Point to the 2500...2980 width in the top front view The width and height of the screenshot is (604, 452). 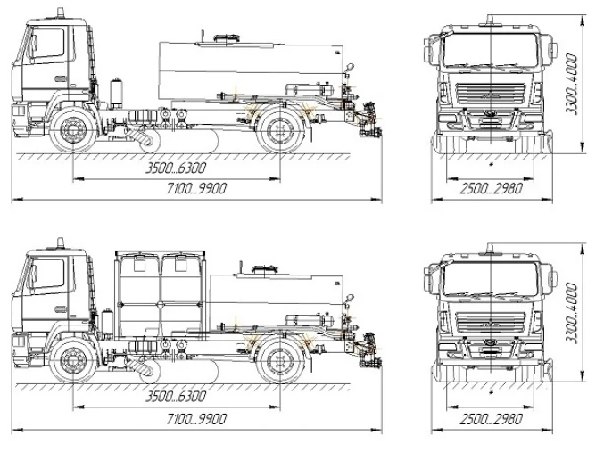pos(491,188)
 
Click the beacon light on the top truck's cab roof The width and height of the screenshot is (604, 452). pos(61,12)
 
